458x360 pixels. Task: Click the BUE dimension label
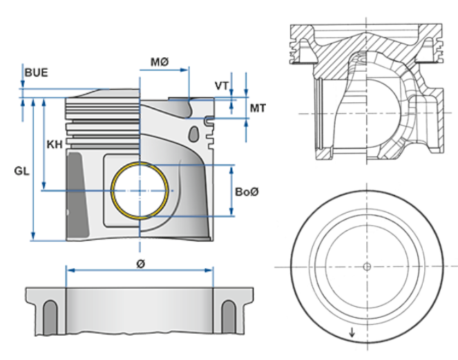pyautogui.click(x=36, y=72)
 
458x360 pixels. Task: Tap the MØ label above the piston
pyautogui.click(x=160, y=63)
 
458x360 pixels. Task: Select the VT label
pyautogui.click(x=222, y=86)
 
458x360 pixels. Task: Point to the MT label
pyautogui.click(x=258, y=108)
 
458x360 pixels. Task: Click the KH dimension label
pyautogui.click(x=55, y=144)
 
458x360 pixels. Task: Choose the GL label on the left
pyautogui.click(x=21, y=170)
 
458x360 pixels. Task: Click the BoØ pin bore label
pyautogui.click(x=247, y=191)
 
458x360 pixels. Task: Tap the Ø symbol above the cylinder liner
pyautogui.click(x=140, y=263)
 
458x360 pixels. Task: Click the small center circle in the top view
pyautogui.click(x=367, y=266)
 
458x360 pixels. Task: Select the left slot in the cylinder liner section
pyautogui.click(x=50, y=319)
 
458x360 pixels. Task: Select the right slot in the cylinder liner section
pyautogui.click(x=229, y=319)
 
